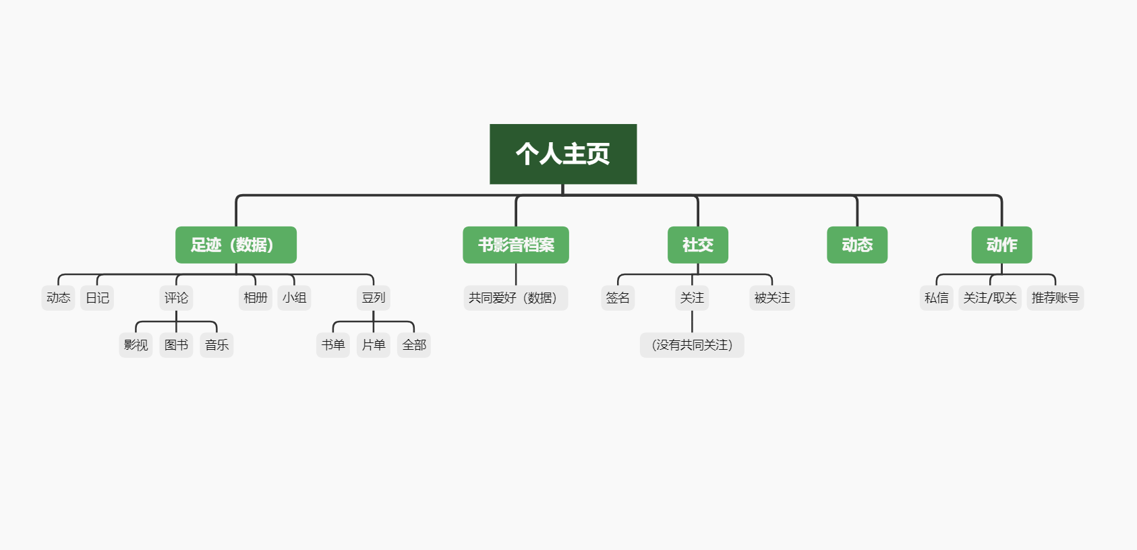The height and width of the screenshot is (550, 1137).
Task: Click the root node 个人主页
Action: tap(563, 154)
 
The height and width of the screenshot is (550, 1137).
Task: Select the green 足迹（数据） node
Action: tap(235, 245)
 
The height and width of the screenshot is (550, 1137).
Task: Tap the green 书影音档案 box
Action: tap(516, 245)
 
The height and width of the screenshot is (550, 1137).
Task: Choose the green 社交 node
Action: tap(697, 245)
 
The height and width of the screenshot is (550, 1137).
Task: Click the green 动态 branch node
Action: tap(857, 245)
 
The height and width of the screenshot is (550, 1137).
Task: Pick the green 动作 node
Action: tap(1001, 245)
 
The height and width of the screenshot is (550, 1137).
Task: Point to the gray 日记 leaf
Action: tap(97, 298)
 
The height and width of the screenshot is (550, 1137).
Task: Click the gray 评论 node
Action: tap(176, 298)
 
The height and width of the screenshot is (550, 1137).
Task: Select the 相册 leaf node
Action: tap(256, 298)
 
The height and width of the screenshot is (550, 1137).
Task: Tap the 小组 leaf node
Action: tap(294, 298)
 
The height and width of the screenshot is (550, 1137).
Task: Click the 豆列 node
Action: tap(374, 298)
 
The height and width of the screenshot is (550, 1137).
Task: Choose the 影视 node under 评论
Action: tap(136, 345)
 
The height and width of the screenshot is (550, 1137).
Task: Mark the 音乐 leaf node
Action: tap(216, 345)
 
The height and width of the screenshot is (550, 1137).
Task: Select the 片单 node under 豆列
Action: tap(374, 345)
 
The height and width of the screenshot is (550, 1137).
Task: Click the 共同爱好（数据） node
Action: tap(516, 298)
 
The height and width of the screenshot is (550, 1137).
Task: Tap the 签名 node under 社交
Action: tap(618, 298)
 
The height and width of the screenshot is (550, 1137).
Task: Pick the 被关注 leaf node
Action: tap(772, 298)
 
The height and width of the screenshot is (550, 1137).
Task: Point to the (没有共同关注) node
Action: tap(692, 345)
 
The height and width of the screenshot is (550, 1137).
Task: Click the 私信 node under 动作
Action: tap(936, 298)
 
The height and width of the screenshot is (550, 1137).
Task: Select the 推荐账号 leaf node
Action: tap(1055, 298)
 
